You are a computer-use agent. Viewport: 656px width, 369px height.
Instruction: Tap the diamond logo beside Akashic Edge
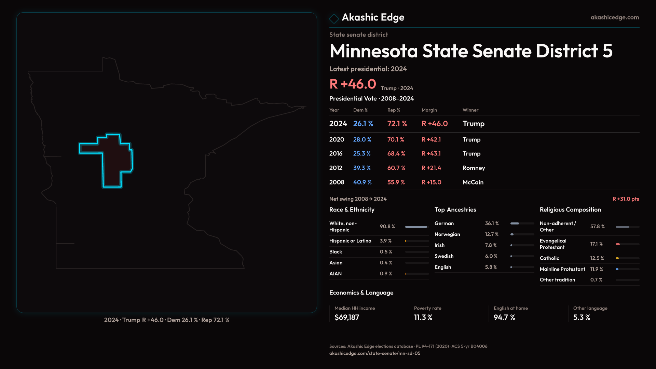click(334, 18)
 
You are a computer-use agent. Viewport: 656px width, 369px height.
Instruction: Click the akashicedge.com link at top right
click(615, 17)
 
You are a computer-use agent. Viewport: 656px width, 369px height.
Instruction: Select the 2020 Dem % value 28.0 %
click(362, 140)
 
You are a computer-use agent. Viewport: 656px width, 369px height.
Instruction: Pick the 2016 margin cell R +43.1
click(431, 154)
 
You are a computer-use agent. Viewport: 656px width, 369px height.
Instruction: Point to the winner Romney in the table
click(474, 168)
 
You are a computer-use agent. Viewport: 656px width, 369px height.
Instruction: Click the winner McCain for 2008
click(473, 182)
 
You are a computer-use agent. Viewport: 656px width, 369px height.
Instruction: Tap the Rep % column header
click(394, 110)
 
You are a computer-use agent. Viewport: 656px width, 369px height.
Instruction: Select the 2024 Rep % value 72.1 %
click(397, 124)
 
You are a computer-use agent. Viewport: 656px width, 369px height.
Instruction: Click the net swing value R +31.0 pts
click(626, 199)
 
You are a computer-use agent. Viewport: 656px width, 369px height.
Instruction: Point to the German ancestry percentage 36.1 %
click(492, 223)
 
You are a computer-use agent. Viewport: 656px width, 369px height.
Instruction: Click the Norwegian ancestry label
click(447, 234)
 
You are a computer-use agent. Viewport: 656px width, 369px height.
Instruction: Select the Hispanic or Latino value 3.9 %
click(386, 241)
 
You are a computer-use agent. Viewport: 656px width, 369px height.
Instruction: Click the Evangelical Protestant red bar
click(618, 244)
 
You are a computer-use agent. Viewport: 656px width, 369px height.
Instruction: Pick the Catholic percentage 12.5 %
click(597, 258)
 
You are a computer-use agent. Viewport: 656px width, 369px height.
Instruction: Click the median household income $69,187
click(347, 317)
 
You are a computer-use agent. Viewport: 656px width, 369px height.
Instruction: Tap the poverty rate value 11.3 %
click(423, 317)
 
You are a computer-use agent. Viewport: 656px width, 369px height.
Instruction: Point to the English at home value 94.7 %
click(504, 317)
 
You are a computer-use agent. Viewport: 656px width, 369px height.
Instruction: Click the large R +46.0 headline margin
click(353, 84)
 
